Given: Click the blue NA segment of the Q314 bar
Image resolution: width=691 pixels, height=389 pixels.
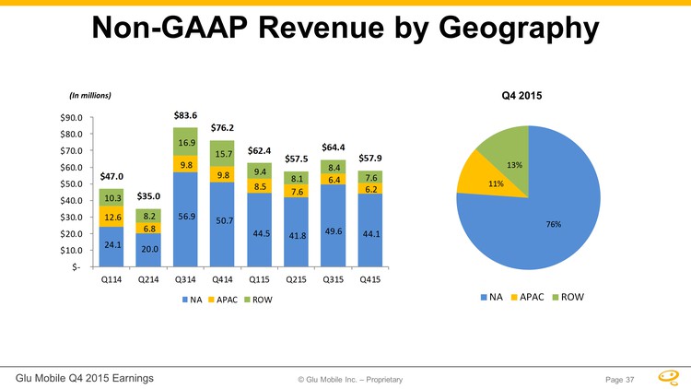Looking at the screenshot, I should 187,218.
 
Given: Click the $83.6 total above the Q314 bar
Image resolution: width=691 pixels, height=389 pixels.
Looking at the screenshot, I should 186,115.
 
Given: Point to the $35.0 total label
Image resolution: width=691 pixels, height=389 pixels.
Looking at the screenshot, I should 149,196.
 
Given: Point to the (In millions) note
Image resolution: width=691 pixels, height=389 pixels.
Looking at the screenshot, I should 90,94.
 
